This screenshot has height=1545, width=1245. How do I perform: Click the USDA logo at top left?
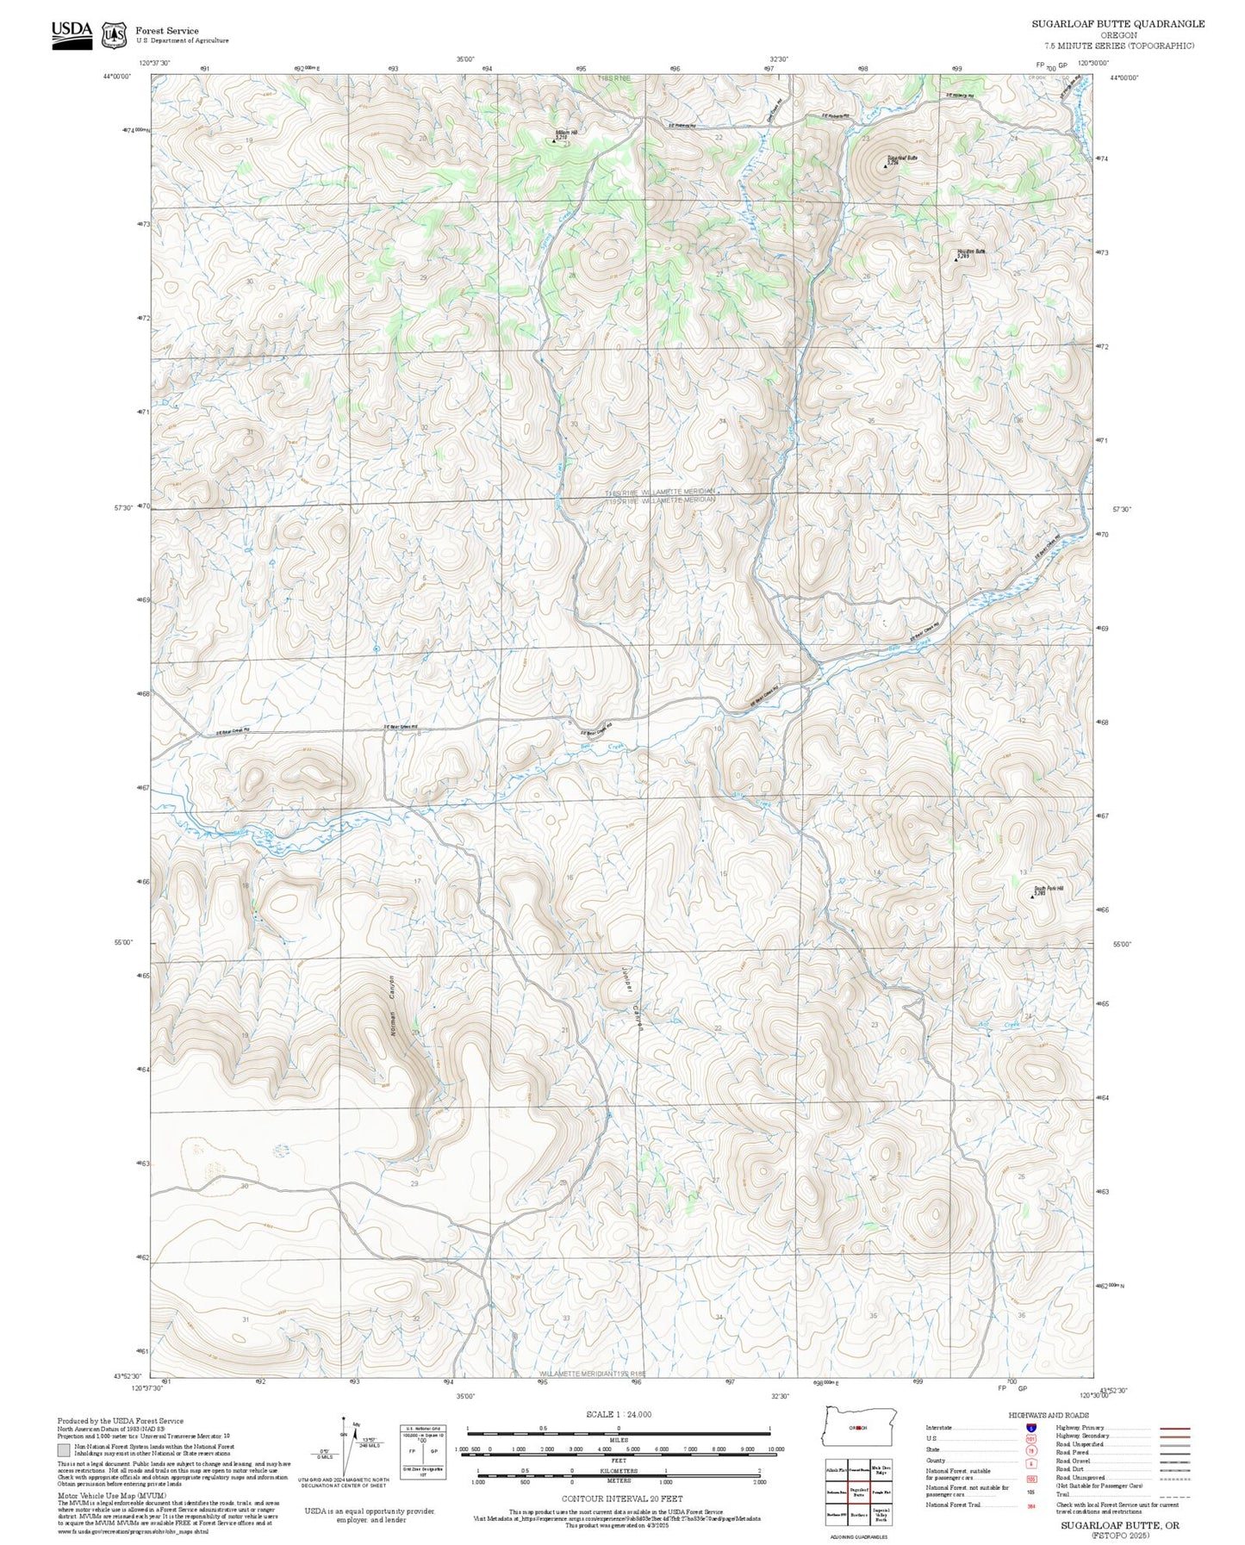72,34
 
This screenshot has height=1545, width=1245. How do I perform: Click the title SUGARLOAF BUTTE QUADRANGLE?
1117,24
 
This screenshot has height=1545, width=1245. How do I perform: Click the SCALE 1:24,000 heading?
618,1414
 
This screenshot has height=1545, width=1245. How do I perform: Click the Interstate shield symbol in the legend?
1030,1428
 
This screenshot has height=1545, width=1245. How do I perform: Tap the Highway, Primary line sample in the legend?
1174,1428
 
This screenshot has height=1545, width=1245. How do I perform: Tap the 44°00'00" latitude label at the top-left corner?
116,77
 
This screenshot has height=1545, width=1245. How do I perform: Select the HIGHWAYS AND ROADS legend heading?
1049,1415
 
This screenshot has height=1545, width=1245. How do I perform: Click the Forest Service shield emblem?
114,35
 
